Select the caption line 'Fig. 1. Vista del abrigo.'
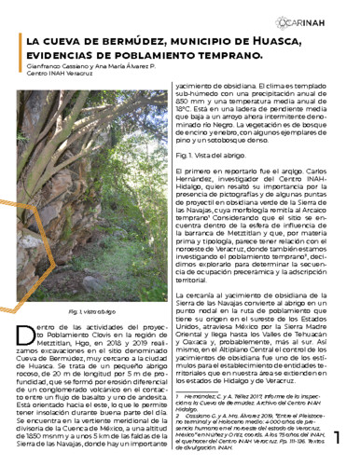215,155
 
